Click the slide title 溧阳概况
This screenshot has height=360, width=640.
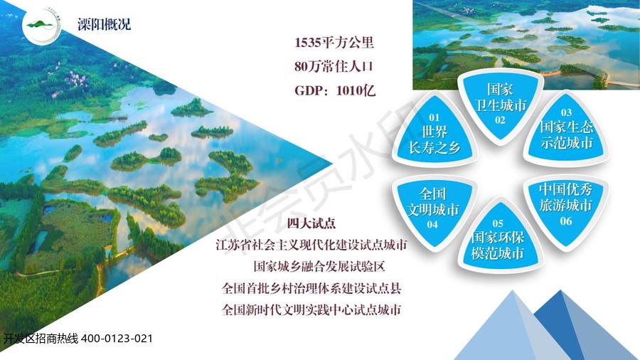[x=105, y=24]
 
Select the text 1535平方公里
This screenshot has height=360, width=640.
[x=334, y=43]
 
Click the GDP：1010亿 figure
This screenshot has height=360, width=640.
[x=335, y=90]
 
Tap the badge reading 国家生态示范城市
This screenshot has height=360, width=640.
[x=566, y=129]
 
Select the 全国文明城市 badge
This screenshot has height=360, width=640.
[x=434, y=208]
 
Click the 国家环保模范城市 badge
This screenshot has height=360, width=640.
[x=498, y=240]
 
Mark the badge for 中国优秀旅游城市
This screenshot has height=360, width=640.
[x=566, y=206]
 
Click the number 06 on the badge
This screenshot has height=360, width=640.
[x=566, y=221]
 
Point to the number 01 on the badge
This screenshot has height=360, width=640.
[x=434, y=117]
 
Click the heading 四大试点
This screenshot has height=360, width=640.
[x=311, y=223]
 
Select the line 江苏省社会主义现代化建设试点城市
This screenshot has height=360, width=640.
[x=311, y=245]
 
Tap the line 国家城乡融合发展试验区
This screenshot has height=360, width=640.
[x=319, y=267]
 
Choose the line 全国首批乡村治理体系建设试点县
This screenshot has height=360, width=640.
[x=311, y=288]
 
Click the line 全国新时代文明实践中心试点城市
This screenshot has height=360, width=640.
[x=311, y=309]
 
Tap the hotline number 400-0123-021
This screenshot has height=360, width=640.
[x=117, y=339]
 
